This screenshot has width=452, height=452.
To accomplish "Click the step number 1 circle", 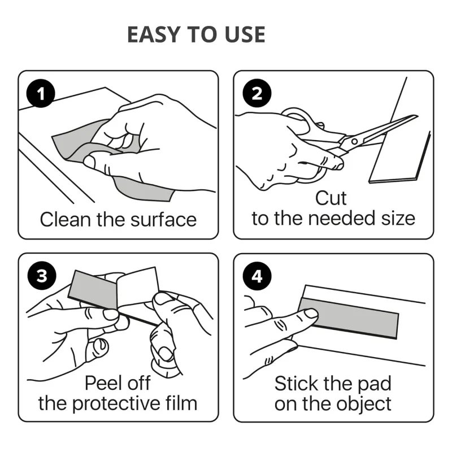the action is point(41,93).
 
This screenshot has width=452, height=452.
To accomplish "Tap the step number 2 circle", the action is point(257,93).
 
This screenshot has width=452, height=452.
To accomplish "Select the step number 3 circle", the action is point(42,276).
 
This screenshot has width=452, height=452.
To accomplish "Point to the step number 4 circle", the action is point(257,276).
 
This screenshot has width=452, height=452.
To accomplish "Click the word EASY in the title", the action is point(154,34).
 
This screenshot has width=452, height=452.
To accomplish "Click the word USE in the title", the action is point(245,34).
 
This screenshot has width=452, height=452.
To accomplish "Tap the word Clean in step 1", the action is point(66,220).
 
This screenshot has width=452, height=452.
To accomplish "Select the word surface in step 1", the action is point(163,220).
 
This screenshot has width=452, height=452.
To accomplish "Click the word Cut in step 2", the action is point(331,198).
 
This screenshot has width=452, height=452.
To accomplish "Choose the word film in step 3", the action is point(181,403).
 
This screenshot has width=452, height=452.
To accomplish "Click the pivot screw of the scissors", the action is point(354,141).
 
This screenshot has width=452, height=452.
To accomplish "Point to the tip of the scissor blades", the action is point(417,116).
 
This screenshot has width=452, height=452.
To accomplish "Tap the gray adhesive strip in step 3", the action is point(93,290).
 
